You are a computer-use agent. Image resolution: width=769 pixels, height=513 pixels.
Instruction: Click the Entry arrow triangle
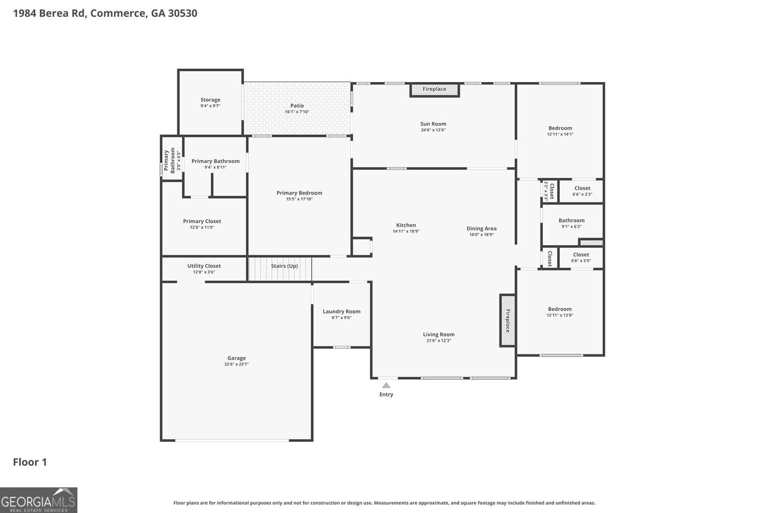386,385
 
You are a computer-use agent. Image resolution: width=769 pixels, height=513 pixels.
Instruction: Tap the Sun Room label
433,124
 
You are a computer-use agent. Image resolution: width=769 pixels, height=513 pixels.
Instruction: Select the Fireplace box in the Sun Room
435,90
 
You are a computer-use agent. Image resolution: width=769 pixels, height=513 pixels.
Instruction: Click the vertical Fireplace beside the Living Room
508,320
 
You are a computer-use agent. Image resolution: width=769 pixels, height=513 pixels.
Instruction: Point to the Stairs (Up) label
284,266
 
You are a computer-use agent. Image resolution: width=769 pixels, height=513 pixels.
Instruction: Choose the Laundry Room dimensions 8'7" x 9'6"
341,318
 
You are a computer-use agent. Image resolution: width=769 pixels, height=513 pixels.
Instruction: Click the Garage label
236,358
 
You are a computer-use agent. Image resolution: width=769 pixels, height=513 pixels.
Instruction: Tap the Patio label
297,106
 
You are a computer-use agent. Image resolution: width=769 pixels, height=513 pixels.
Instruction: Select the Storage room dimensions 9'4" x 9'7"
210,106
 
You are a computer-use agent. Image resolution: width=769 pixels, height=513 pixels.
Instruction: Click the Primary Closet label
202,221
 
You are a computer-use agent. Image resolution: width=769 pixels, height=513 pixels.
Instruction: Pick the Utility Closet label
204,266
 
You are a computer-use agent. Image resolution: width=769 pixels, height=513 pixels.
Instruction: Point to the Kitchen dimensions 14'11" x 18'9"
406,231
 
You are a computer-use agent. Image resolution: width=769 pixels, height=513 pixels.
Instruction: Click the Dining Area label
481,228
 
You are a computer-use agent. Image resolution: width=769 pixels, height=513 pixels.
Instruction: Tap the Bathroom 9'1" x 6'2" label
572,221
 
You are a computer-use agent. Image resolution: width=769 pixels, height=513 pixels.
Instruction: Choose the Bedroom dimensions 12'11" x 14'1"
560,134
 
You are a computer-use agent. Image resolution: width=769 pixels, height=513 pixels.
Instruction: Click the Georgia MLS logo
38,500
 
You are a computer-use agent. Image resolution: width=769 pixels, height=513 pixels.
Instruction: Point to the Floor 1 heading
30,462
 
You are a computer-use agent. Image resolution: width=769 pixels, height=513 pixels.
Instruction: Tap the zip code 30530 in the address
183,13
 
